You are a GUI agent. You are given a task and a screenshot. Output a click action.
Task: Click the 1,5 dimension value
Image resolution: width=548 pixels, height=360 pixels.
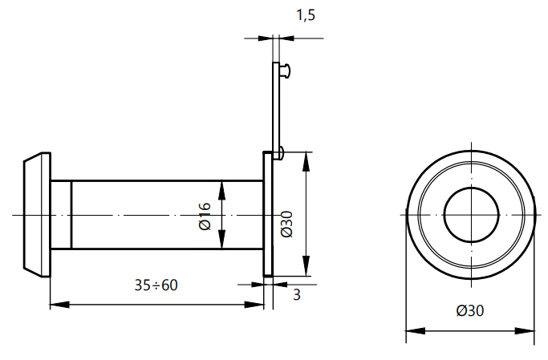pyautogui.click(x=306, y=16)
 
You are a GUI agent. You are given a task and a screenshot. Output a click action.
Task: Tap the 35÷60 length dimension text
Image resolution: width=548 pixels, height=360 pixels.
pyautogui.click(x=156, y=285)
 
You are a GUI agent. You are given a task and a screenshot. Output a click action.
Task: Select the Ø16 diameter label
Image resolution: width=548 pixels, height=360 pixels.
pyautogui.click(x=204, y=216)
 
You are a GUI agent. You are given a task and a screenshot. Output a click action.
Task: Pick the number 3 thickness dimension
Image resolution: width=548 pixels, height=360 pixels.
pyautogui.click(x=297, y=294)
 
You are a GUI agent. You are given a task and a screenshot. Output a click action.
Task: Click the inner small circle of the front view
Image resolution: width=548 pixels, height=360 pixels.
pyautogui.click(x=471, y=215)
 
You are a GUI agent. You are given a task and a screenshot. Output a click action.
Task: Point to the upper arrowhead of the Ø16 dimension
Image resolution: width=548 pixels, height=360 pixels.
pyautogui.click(x=223, y=187)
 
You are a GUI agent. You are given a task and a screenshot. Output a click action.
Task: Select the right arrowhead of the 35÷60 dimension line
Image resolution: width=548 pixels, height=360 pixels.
pyautogui.click(x=258, y=305)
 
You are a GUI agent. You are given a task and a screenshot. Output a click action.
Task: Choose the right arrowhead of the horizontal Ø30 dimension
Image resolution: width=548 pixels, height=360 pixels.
pyautogui.click(x=530, y=330)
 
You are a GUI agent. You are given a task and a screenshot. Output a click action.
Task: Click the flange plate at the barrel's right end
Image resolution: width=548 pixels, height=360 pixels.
pyautogui.click(x=268, y=215)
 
